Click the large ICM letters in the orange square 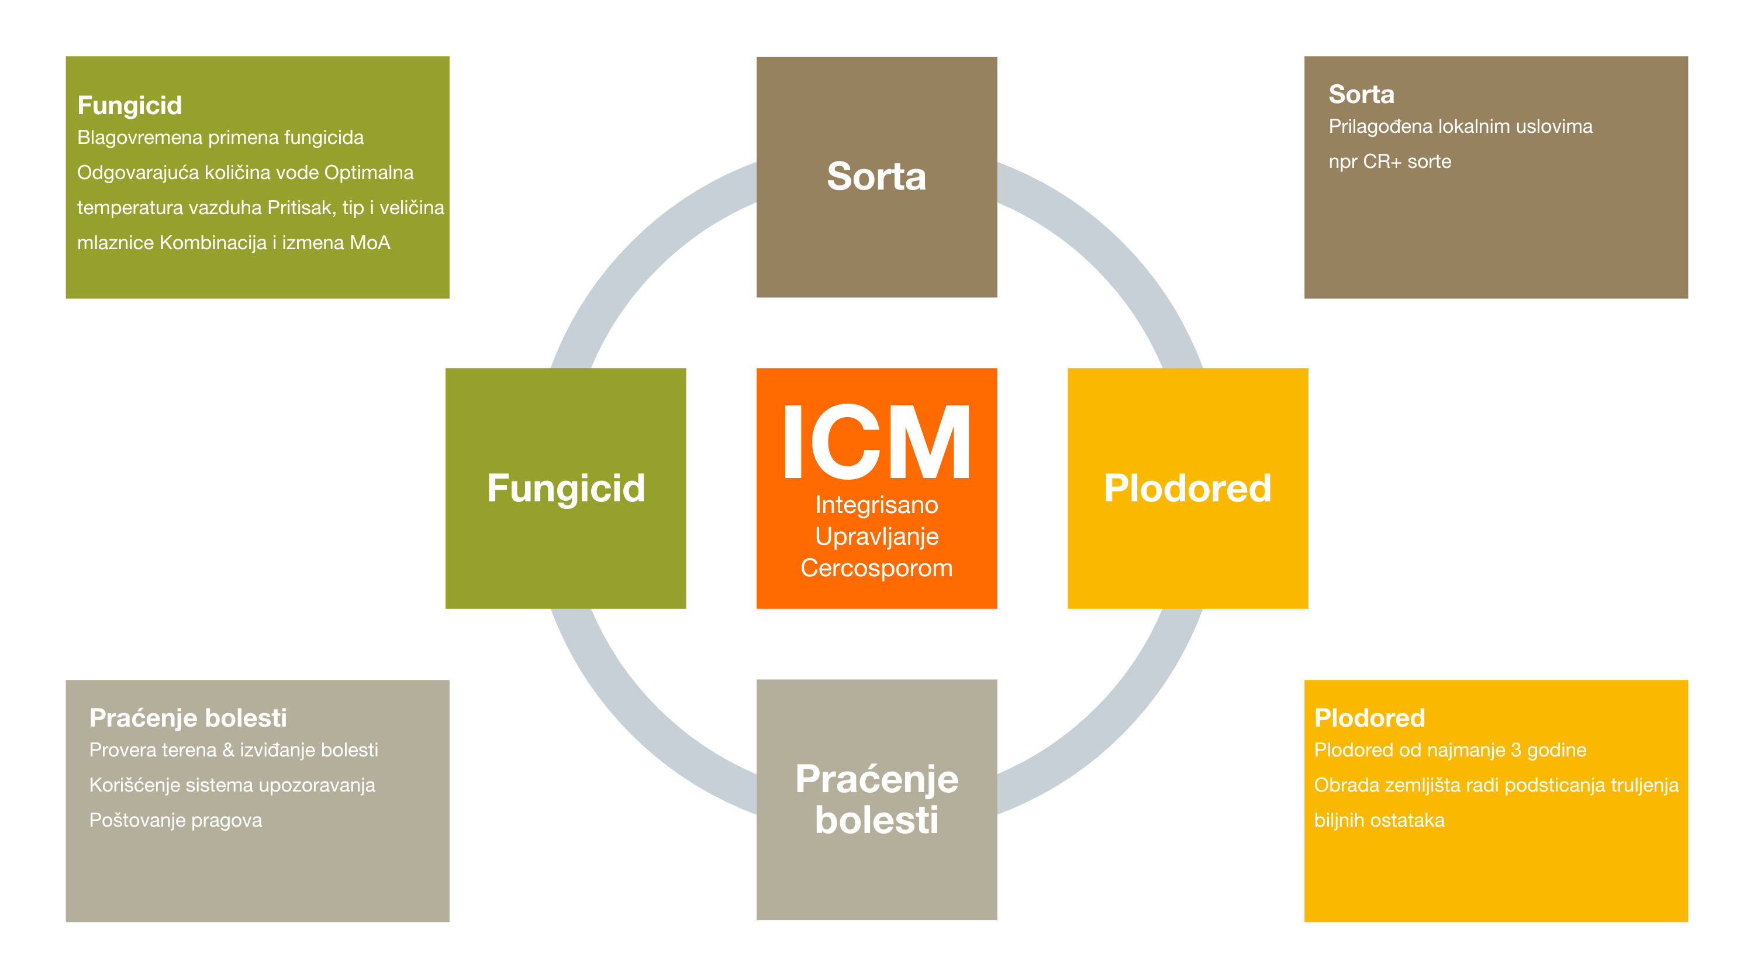coord(877,442)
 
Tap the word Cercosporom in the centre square coord(877,568)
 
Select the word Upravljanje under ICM coord(877,538)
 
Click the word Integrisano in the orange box coord(877,505)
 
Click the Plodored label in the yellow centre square coord(1187,488)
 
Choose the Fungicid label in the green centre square coord(566,489)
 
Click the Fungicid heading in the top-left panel coord(129,106)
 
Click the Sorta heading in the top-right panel coord(1361,94)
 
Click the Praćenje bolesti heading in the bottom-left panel coord(188,717)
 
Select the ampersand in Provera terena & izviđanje coord(228,750)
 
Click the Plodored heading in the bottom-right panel coord(1369,717)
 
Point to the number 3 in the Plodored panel coord(1515,750)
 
